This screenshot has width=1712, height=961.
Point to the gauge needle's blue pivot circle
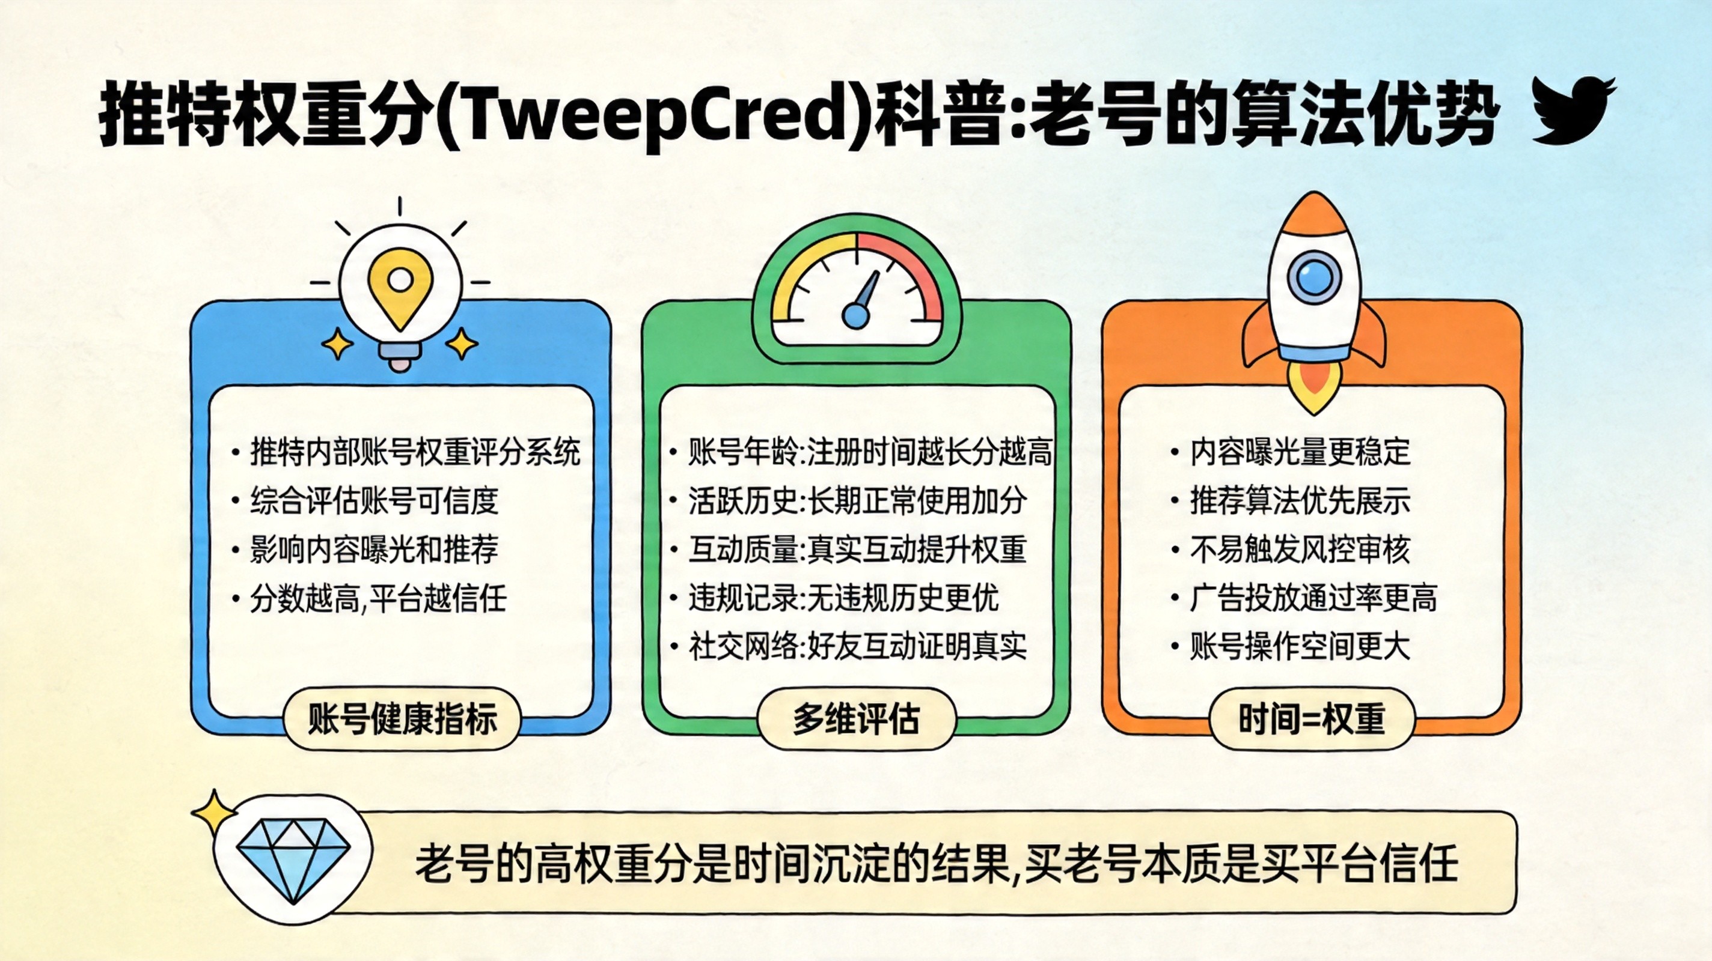[855, 315]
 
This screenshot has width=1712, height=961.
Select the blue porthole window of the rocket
[1314, 276]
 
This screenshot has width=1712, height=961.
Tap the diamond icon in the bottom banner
[293, 859]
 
